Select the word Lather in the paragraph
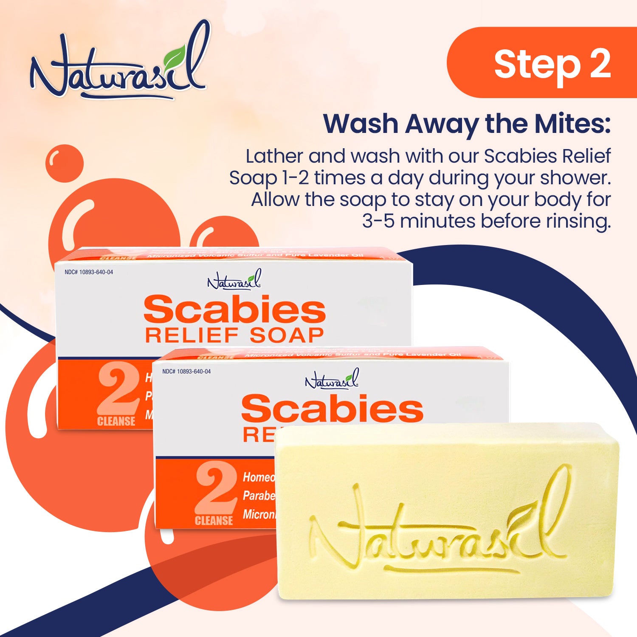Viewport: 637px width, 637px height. (x=274, y=156)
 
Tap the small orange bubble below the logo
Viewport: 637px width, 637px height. (x=64, y=163)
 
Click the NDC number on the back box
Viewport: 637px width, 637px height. (x=89, y=272)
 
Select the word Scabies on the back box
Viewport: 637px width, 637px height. (x=234, y=310)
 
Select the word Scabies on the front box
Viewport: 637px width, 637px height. (x=332, y=409)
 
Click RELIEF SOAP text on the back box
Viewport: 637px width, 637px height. (x=234, y=335)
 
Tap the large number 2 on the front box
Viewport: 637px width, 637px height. (x=216, y=488)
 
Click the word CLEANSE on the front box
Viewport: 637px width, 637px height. (x=214, y=521)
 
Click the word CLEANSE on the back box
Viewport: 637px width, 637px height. (x=116, y=422)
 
